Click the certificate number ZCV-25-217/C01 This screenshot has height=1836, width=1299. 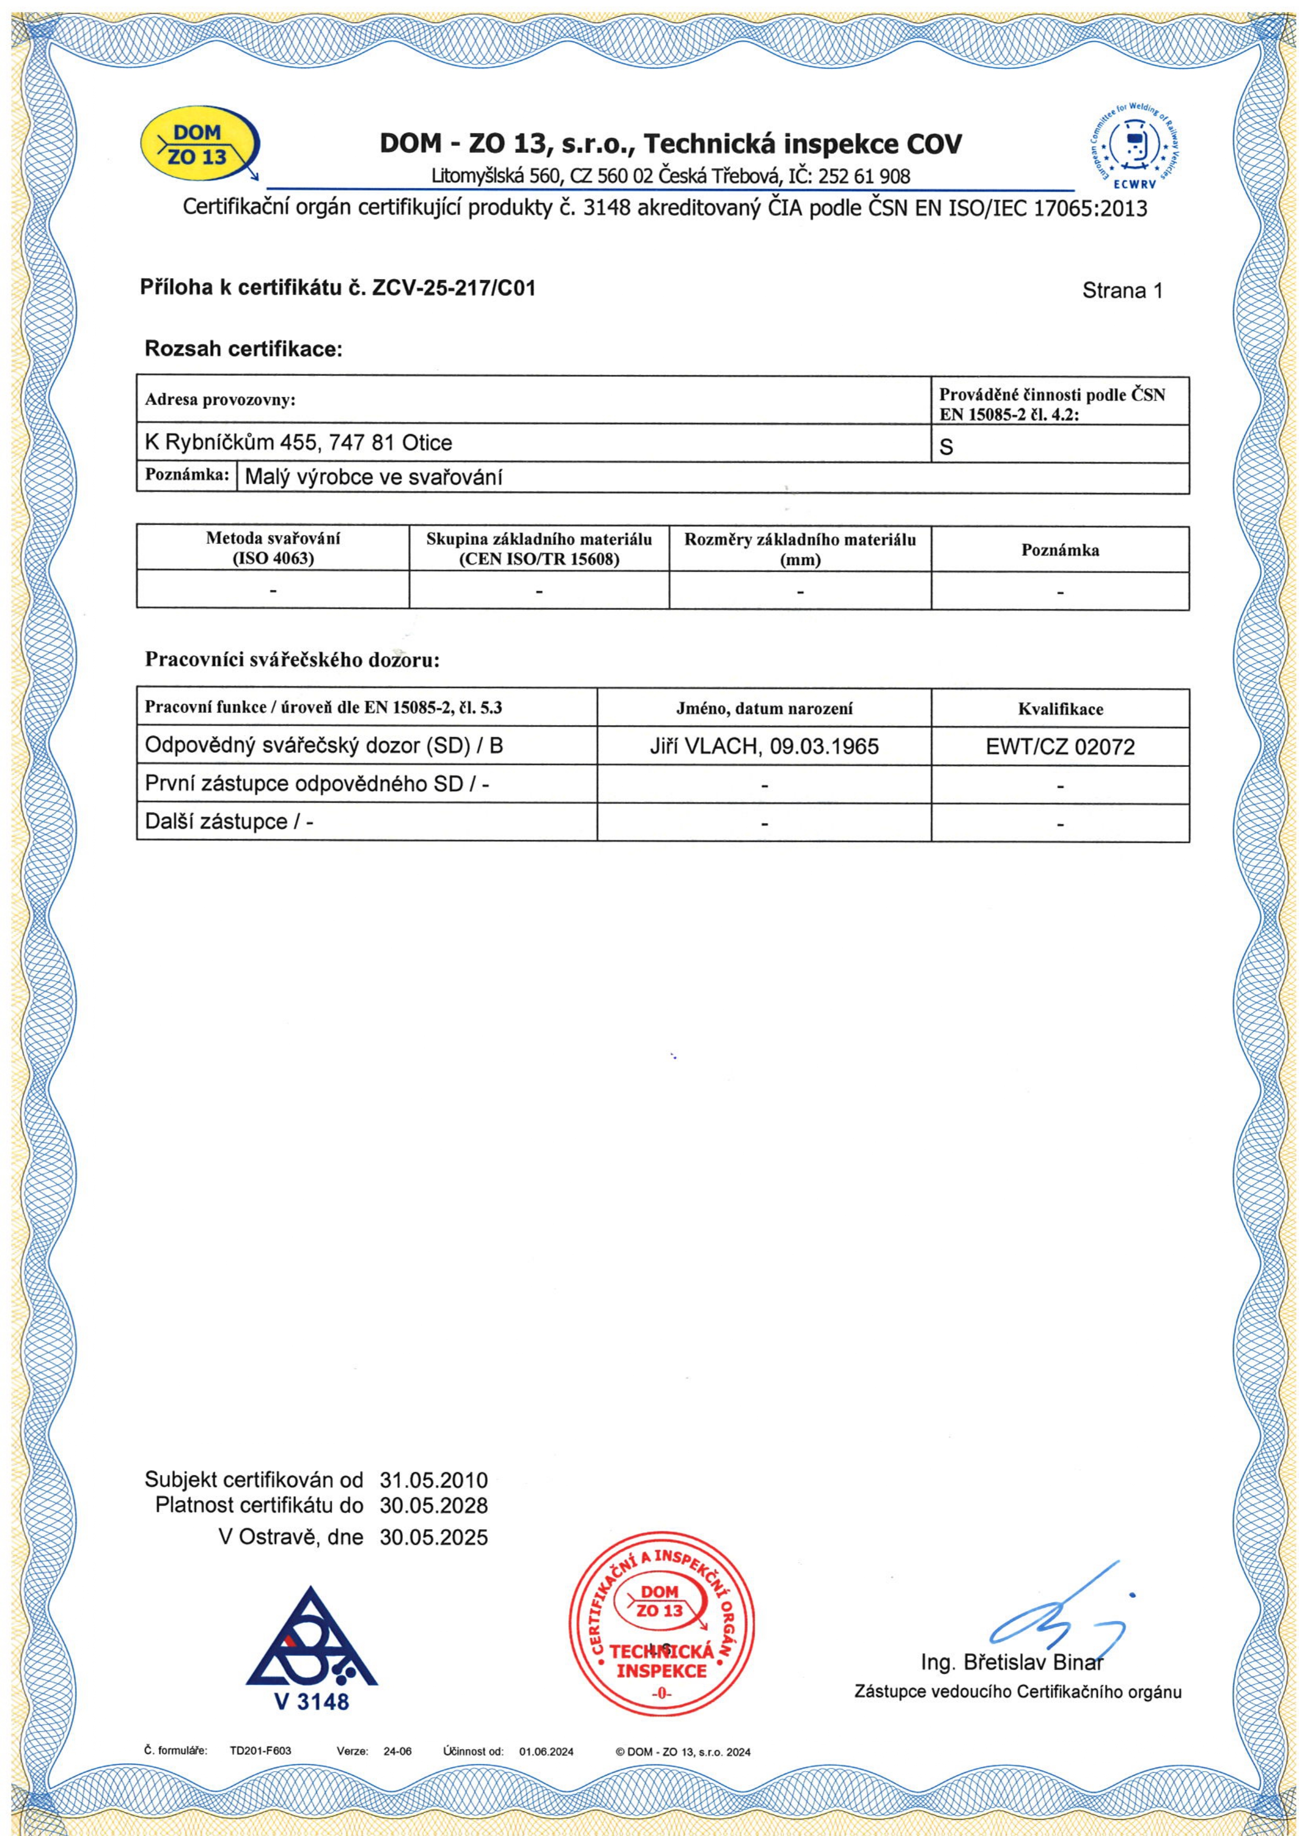(x=454, y=288)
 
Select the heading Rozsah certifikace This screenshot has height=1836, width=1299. (x=243, y=349)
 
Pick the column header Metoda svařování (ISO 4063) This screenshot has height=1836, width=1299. (x=273, y=549)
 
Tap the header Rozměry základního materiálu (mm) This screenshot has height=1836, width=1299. (x=800, y=549)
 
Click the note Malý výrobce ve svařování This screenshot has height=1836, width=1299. (x=373, y=477)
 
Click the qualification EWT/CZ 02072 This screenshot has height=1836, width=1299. (x=1060, y=747)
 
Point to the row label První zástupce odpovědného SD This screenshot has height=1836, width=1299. (x=317, y=784)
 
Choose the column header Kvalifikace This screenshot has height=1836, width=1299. (x=1060, y=709)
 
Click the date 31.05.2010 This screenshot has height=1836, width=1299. (x=434, y=1480)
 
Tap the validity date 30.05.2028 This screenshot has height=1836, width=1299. (x=434, y=1506)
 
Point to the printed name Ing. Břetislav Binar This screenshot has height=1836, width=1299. (x=1012, y=1663)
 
